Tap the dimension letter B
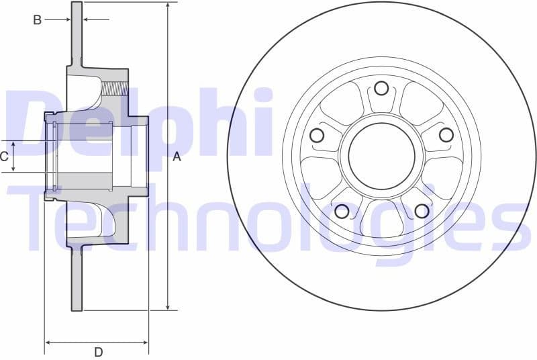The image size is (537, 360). pyautogui.click(x=38, y=20)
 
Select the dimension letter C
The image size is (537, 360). pyautogui.click(x=5, y=156)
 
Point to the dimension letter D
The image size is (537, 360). pyautogui.click(x=98, y=351)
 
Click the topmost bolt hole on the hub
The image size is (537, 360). pyautogui.click(x=381, y=88)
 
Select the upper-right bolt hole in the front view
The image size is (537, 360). pyautogui.click(x=446, y=135)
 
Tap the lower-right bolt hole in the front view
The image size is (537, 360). pyautogui.click(x=422, y=211)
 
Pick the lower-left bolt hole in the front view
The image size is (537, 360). pyautogui.click(x=342, y=212)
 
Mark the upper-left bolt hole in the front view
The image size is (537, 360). pyautogui.click(x=317, y=135)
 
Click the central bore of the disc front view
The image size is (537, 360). pyautogui.click(x=381, y=156)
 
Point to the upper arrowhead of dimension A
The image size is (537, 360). pyautogui.click(x=167, y=6)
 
